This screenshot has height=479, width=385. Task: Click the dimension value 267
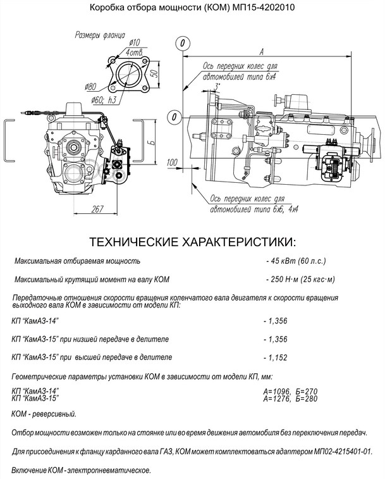coord(97,209)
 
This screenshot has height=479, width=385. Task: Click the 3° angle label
coord(217,85)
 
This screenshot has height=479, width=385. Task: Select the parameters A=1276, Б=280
coord(290,399)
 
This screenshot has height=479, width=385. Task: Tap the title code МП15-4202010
coord(259,8)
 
